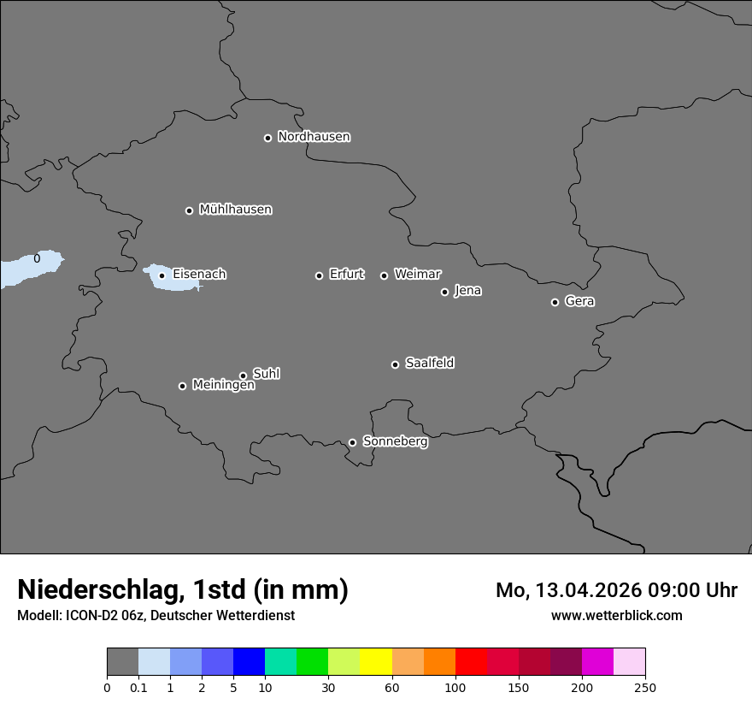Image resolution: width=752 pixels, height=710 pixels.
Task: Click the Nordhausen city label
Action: pyautogui.click(x=314, y=137)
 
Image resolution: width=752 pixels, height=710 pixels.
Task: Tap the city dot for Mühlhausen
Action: pyautogui.click(x=189, y=210)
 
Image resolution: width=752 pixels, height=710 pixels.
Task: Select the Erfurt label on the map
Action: pyautogui.click(x=346, y=275)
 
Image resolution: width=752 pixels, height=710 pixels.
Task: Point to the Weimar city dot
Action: pyautogui.click(x=384, y=275)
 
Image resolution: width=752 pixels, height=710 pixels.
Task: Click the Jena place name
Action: pyautogui.click(x=467, y=291)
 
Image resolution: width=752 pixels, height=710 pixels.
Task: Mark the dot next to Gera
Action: pyautogui.click(x=555, y=302)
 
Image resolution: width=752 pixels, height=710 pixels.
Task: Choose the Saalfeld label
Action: pyautogui.click(x=429, y=364)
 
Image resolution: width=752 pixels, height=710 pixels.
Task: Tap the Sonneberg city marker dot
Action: pyautogui.click(x=352, y=442)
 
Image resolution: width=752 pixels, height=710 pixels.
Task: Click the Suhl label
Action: pyautogui.click(x=266, y=374)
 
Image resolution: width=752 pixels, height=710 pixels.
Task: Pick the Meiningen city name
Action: pyautogui.click(x=223, y=386)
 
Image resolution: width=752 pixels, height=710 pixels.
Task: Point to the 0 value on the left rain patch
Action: pyautogui.click(x=37, y=258)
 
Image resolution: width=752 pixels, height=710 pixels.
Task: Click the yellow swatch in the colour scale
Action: pyautogui.click(x=376, y=662)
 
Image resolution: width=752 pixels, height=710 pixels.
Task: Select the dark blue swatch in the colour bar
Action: pyautogui.click(x=249, y=662)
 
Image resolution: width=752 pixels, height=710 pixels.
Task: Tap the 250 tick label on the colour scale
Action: pyautogui.click(x=644, y=687)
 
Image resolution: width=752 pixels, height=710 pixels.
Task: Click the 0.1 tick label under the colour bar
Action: pyautogui.click(x=138, y=687)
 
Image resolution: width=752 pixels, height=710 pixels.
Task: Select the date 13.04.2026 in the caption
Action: pyautogui.click(x=586, y=590)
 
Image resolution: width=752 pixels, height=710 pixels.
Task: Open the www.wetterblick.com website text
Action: pyautogui.click(x=616, y=615)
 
